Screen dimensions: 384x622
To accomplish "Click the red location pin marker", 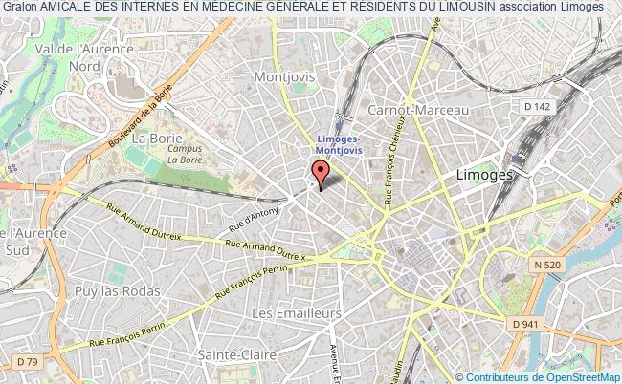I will click(x=321, y=173).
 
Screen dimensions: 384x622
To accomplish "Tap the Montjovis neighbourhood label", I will click(x=284, y=75).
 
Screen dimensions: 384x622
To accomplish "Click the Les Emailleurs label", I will click(x=295, y=312).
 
